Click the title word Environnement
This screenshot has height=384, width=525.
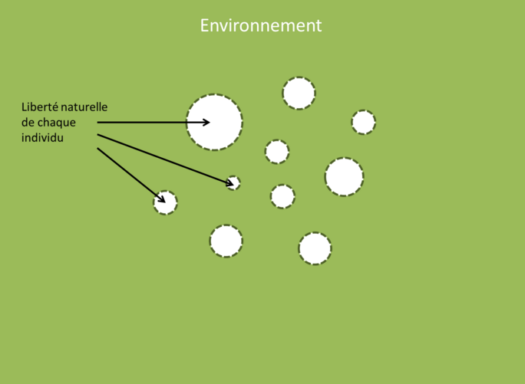tap(261, 25)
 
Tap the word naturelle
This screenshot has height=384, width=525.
tap(86, 107)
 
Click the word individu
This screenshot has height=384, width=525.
tap(42, 138)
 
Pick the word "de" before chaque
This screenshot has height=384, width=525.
tap(28, 123)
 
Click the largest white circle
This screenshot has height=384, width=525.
tap(215, 122)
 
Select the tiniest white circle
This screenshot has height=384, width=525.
tap(233, 183)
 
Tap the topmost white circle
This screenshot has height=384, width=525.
tap(299, 93)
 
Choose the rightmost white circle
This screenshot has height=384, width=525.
tap(363, 122)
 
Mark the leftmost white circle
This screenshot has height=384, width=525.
tap(165, 202)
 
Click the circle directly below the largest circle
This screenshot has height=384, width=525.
tap(226, 241)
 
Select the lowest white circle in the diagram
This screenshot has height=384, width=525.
tap(315, 248)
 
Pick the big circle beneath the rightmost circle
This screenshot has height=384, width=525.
tap(344, 177)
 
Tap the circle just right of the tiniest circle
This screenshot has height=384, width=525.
tap(282, 196)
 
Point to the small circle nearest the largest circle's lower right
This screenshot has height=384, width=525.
tap(277, 152)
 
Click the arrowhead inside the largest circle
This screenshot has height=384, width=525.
tap(206, 122)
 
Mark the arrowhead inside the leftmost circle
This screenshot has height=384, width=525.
tap(160, 199)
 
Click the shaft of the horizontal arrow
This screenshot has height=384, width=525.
tap(146, 122)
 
